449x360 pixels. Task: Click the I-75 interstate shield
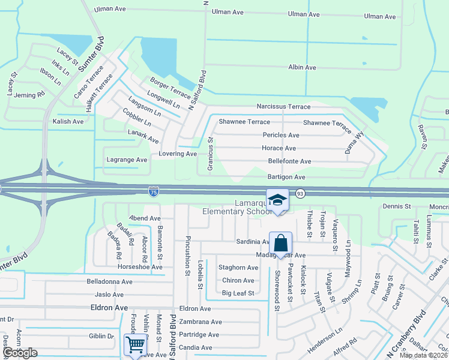[154, 191]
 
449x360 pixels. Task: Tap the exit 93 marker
[300, 193]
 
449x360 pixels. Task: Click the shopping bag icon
[280, 244]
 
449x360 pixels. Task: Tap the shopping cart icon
[135, 345]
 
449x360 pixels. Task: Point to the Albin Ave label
[302, 67]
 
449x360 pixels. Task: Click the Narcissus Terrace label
[283, 107]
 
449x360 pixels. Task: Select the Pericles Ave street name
[281, 135]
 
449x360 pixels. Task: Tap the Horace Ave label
[279, 148]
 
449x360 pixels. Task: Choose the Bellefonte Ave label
[289, 161]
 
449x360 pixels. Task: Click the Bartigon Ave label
[286, 177]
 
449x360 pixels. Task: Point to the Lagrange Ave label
[127, 160]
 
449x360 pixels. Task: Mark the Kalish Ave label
[68, 121]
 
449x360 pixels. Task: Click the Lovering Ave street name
[178, 154]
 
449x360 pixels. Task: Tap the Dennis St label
[396, 206]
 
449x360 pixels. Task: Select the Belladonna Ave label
[109, 281]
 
